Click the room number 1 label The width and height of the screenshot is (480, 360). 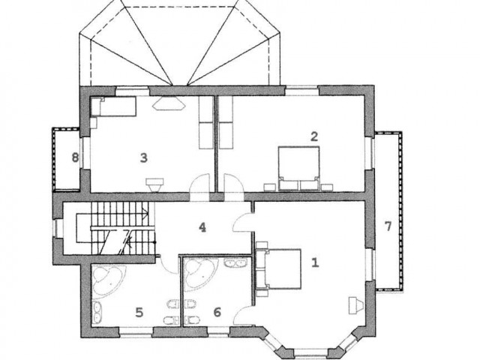pos(315,262)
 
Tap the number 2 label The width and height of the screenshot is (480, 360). pos(314,136)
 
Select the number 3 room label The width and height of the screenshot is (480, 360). pos(143,158)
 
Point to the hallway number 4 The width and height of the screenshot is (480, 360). pos(202,227)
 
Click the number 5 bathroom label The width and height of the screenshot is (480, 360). pos(139,313)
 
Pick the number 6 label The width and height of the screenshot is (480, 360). pos(217,313)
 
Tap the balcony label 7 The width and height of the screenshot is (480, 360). pos(388,226)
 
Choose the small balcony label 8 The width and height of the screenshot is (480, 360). pos(75,158)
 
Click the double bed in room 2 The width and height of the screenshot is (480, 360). pos(298,168)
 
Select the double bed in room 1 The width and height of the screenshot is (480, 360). pos(278,269)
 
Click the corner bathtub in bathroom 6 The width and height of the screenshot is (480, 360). pos(201,273)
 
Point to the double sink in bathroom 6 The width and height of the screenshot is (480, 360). pos(235,262)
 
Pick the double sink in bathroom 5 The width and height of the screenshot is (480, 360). pos(97,312)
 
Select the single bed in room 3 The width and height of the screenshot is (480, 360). pos(113,106)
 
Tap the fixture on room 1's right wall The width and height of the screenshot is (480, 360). pos(356,305)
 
